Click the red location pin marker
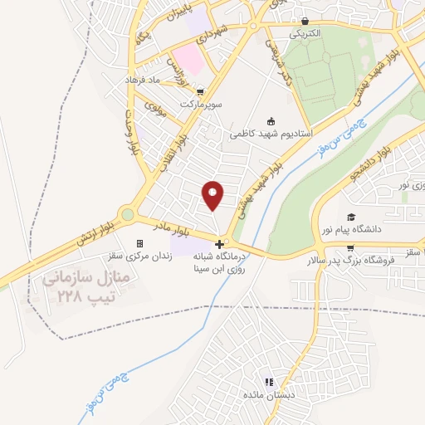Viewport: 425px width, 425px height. [x=213, y=194]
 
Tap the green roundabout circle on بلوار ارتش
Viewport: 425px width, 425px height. [x=127, y=215]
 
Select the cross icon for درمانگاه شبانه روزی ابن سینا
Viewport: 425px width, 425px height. [x=219, y=244]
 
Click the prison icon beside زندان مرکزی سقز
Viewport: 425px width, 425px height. [x=139, y=243]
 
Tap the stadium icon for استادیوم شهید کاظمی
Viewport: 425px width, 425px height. [x=271, y=121]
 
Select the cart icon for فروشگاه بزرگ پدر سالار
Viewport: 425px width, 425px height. [x=350, y=247]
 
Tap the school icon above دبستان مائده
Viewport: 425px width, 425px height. [x=268, y=382]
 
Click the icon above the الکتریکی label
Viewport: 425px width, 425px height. [x=305, y=22]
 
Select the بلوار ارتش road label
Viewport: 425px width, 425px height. [x=93, y=233]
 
